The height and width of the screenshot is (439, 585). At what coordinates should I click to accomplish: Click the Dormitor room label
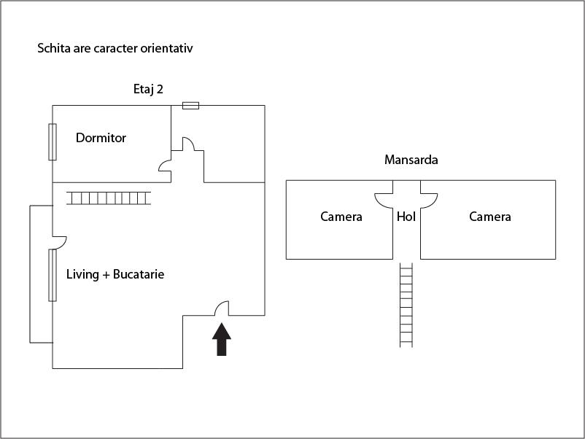pyautogui.click(x=101, y=138)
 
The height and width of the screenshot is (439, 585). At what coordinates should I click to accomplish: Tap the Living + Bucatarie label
pyautogui.click(x=115, y=275)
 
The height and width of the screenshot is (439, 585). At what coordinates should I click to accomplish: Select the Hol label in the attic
pyautogui.click(x=406, y=217)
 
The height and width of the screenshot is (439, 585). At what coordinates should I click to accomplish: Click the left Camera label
pyautogui.click(x=341, y=217)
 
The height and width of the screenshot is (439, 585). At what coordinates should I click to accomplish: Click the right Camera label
pyautogui.click(x=489, y=217)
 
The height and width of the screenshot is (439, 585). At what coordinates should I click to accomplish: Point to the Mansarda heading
pyautogui.click(x=411, y=160)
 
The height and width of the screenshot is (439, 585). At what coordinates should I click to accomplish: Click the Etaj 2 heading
pyautogui.click(x=148, y=90)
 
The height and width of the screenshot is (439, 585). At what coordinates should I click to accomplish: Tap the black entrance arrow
pyautogui.click(x=222, y=339)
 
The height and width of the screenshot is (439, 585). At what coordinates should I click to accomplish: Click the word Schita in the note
pyautogui.click(x=53, y=49)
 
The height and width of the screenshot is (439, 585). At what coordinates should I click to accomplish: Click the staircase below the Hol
pyautogui.click(x=406, y=305)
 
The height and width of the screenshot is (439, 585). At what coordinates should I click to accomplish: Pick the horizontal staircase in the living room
pyautogui.click(x=108, y=198)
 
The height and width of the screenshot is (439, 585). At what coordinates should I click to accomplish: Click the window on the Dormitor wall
pyautogui.click(x=53, y=141)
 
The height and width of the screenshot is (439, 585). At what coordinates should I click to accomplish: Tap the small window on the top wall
pyautogui.click(x=190, y=106)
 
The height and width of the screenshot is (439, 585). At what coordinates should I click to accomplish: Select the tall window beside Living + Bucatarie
pyautogui.click(x=53, y=274)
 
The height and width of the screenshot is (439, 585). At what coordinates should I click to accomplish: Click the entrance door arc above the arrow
pyautogui.click(x=222, y=308)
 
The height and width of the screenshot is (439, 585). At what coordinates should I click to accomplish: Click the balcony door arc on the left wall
pyautogui.click(x=60, y=241)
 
